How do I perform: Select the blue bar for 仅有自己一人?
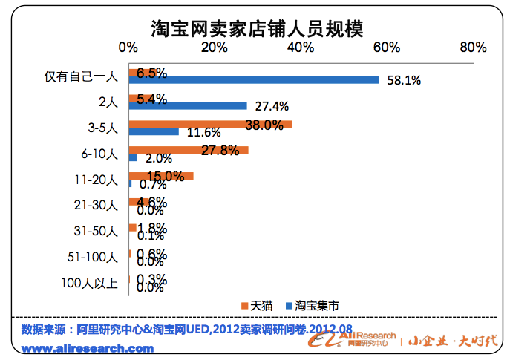click(x=253, y=80)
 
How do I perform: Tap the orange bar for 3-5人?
click(x=210, y=124)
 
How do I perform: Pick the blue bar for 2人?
click(x=187, y=105)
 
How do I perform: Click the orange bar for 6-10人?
click(x=188, y=150)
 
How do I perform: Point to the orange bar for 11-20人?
click(x=160, y=176)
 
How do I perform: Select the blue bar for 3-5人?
click(x=154, y=131)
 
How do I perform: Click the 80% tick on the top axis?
click(x=472, y=47)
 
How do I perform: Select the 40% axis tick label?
click(x=301, y=47)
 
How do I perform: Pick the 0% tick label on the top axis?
click(x=128, y=47)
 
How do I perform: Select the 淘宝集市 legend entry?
click(x=315, y=305)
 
